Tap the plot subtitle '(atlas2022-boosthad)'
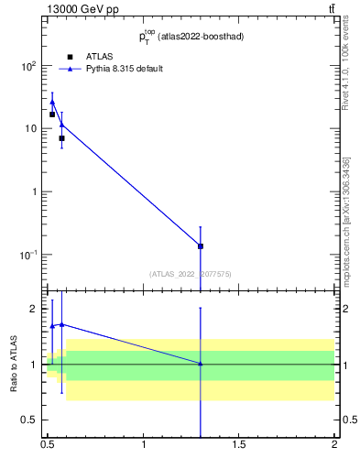[x=201, y=37]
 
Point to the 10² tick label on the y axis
[x=28, y=67]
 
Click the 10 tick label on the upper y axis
[x=30, y=129]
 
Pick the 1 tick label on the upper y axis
[x=34, y=191]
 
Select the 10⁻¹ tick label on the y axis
[x=28, y=255]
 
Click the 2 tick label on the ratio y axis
[x=34, y=309]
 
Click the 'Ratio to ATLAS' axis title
[x=13, y=364]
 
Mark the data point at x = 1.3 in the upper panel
[x=201, y=245]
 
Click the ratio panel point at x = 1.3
[x=201, y=364]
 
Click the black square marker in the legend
[x=70, y=57]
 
